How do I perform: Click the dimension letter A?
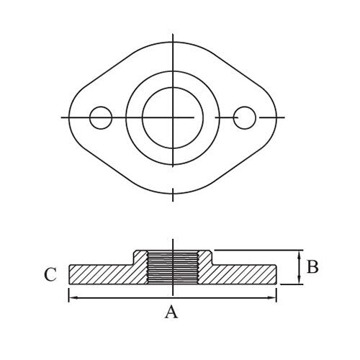(171, 312)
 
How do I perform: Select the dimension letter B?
(312, 268)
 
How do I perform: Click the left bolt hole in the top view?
(101, 117)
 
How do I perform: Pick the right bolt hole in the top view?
(245, 117)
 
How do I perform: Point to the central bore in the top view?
(172, 117)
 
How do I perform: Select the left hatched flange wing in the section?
(101, 274)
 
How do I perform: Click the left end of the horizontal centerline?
(62, 117)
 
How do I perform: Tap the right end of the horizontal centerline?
(285, 117)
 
